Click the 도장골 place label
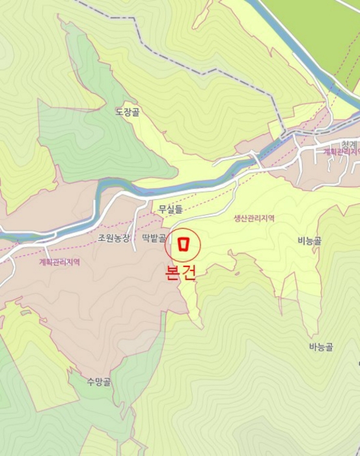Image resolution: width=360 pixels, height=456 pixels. (x=128, y=112)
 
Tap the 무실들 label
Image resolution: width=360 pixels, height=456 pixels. (x=171, y=209)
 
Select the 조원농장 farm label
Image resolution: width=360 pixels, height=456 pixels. (x=114, y=238)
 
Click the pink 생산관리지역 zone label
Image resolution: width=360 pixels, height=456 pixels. (x=254, y=219)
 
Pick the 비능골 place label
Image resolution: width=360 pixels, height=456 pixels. (x=309, y=240)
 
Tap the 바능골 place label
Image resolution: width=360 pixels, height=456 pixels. (x=321, y=347)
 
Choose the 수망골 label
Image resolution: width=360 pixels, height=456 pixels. (x=99, y=382)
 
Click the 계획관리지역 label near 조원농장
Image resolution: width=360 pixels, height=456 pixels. (x=59, y=263)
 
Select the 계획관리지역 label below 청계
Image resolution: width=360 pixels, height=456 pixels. (x=342, y=152)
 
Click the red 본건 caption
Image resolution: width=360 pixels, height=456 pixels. (x=179, y=272)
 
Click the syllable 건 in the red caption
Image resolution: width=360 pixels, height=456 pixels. (x=187, y=272)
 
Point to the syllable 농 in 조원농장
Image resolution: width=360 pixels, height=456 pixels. (x=118, y=238)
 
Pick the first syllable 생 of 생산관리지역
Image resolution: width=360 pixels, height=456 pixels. (x=237, y=219)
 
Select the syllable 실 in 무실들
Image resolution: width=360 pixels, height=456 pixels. (x=171, y=209)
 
